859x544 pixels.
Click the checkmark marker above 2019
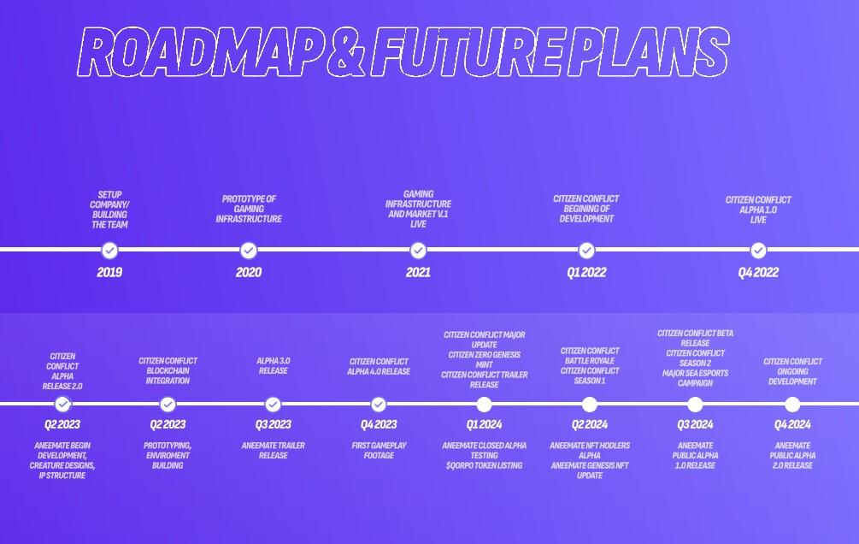(x=109, y=250)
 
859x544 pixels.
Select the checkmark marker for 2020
(x=249, y=250)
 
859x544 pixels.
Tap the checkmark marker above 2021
(x=418, y=250)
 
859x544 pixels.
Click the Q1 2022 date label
(x=586, y=273)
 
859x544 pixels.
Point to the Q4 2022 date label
(x=758, y=273)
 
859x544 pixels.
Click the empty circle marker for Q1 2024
(x=485, y=405)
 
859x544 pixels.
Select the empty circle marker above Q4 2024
(x=792, y=405)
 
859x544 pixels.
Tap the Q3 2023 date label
(x=273, y=425)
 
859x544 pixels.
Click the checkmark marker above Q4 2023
(x=379, y=405)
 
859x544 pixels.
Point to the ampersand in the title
(x=348, y=52)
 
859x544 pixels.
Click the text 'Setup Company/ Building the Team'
(x=109, y=210)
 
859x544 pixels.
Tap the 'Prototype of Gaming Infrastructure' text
(x=249, y=209)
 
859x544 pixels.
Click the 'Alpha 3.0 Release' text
(x=273, y=366)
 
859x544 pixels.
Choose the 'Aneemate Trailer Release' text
(x=273, y=451)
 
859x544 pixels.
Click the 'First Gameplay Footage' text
(x=379, y=451)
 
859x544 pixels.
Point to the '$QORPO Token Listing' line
(x=484, y=466)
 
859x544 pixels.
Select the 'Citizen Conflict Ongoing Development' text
(x=792, y=371)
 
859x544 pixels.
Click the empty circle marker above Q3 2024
(x=695, y=405)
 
